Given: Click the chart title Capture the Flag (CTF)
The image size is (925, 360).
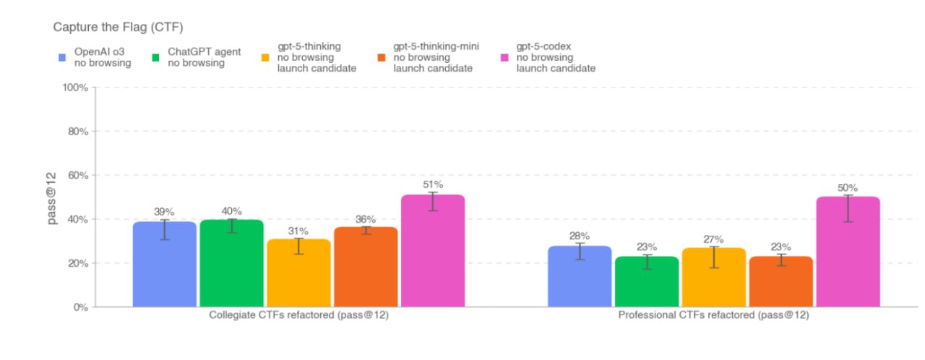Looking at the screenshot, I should click(x=118, y=27).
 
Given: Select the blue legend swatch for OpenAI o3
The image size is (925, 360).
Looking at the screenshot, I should click(x=63, y=57).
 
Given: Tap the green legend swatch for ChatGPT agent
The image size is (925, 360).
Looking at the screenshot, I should click(x=156, y=57).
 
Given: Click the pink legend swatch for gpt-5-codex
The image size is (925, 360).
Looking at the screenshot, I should click(x=504, y=57).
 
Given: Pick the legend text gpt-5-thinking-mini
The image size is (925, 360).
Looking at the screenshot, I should click(x=436, y=46).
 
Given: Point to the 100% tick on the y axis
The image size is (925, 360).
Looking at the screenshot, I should click(x=75, y=87).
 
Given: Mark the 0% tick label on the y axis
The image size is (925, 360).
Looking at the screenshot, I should click(x=80, y=307).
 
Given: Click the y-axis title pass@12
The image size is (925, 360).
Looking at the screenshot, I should click(x=53, y=197).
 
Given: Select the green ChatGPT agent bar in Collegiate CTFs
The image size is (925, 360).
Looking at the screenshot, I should click(x=231, y=263).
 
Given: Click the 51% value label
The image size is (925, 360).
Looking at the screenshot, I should click(x=433, y=184).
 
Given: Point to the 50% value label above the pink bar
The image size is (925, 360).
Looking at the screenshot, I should click(x=848, y=187).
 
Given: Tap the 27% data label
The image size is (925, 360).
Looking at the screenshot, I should click(x=713, y=239).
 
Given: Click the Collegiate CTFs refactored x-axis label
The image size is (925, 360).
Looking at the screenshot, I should click(x=298, y=316).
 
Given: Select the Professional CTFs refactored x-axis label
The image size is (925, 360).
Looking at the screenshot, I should click(x=713, y=316).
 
